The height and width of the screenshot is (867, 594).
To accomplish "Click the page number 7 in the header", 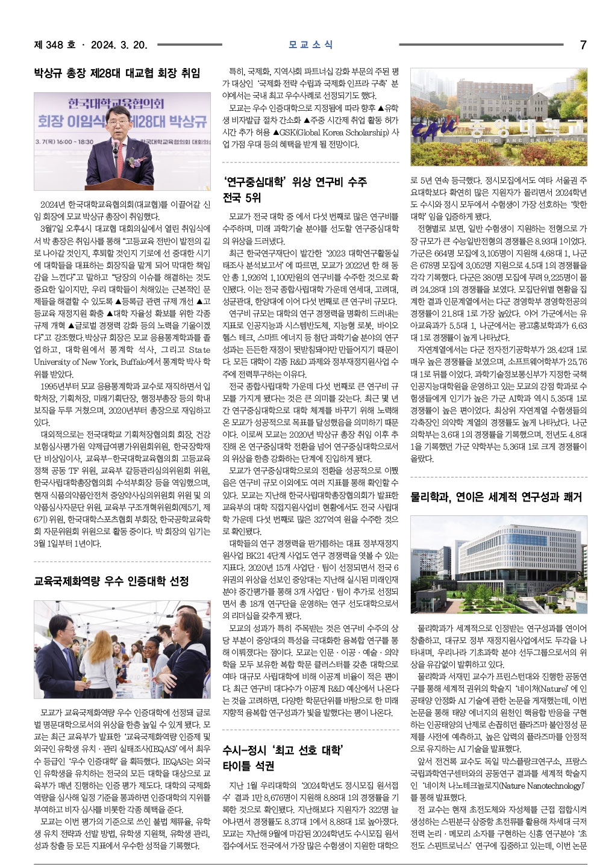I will [583, 45].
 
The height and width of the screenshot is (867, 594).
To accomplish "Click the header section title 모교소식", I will [310, 45].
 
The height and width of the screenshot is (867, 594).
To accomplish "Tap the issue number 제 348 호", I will [55, 45].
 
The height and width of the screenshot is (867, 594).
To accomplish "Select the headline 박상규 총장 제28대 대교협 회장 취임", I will [117, 73].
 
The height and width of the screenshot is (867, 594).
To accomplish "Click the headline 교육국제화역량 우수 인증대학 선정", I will [111, 581].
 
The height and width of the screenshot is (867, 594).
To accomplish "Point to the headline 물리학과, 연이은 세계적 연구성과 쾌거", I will [496, 497].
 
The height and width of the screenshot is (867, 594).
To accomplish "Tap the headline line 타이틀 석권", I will [248, 766].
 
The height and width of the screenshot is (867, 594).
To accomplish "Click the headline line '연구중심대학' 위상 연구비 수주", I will [295, 182].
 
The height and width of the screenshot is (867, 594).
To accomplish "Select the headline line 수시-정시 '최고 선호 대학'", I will [283, 750].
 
